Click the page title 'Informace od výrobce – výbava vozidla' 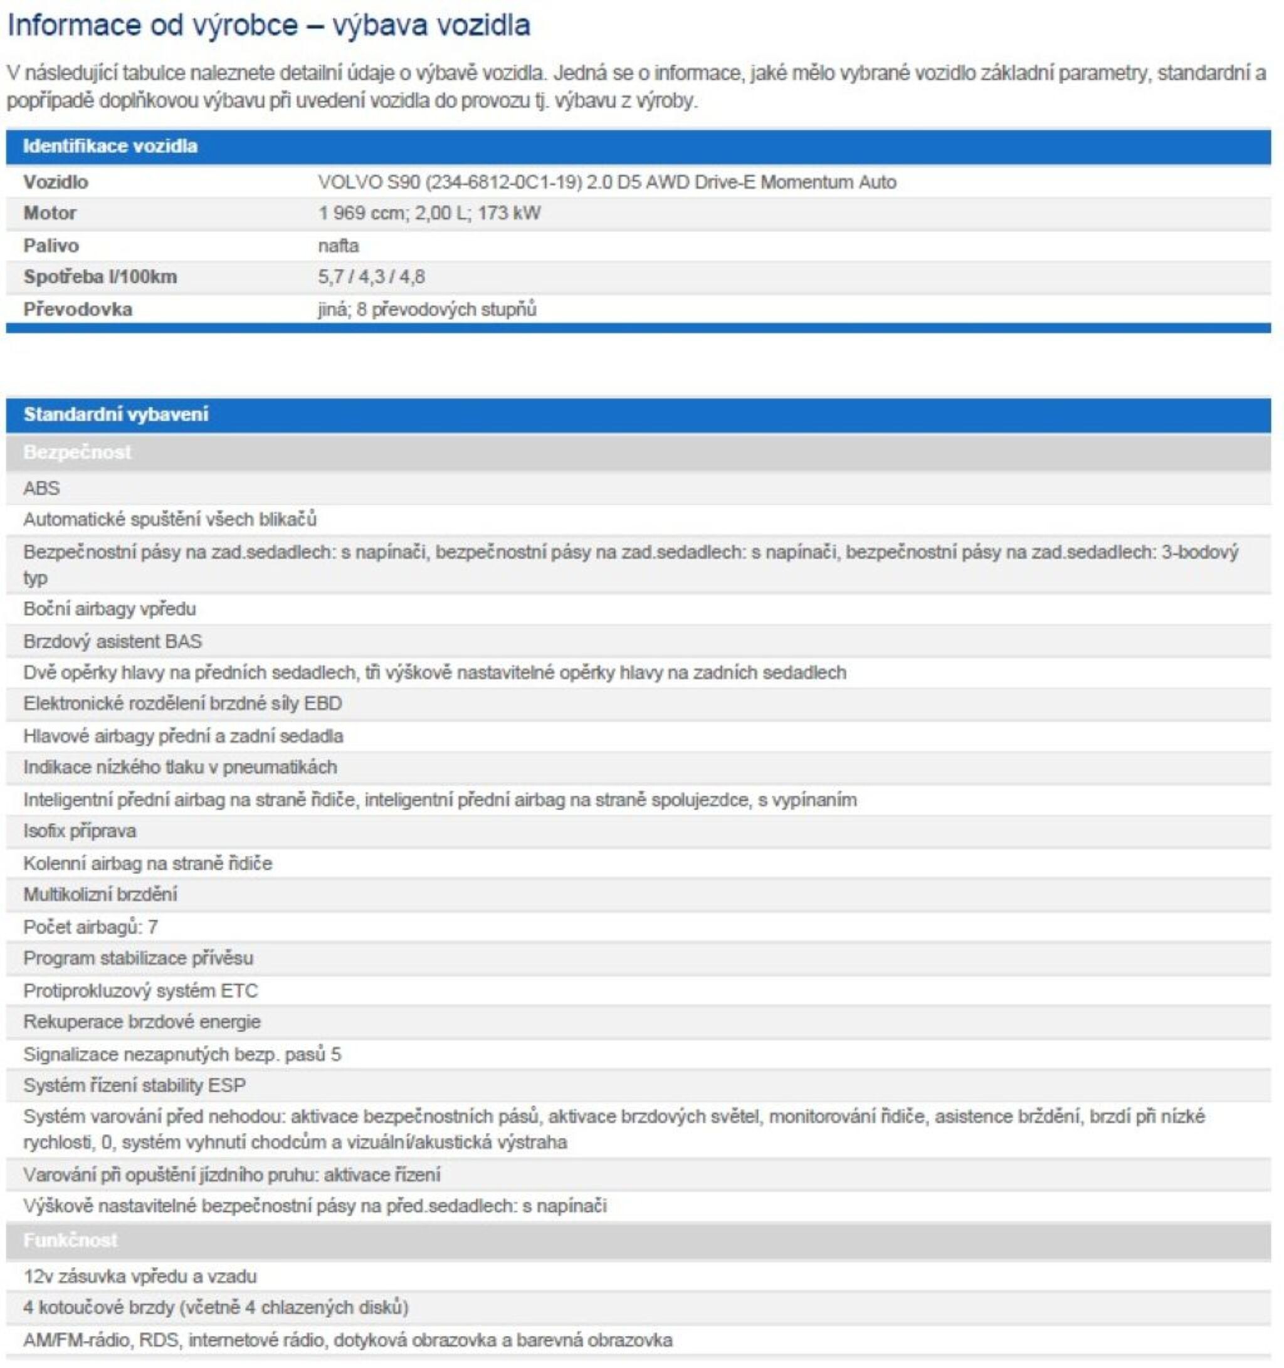(268, 26)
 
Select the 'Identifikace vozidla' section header (110, 146)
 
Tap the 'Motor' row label (50, 213)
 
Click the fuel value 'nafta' (338, 245)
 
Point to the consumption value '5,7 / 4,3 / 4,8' (371, 276)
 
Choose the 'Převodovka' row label (77, 309)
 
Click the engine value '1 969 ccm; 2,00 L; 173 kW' (429, 213)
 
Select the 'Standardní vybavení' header (115, 414)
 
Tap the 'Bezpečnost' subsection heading (77, 452)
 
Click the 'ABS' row (41, 488)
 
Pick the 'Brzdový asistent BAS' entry (112, 641)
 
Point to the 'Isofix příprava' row (79, 831)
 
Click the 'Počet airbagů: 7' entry (90, 926)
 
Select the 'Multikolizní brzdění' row (100, 894)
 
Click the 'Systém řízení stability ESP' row (134, 1085)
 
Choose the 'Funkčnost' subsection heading (70, 1240)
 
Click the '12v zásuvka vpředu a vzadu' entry (140, 1276)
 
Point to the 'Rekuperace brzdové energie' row (142, 1021)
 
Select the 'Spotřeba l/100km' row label (100, 276)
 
